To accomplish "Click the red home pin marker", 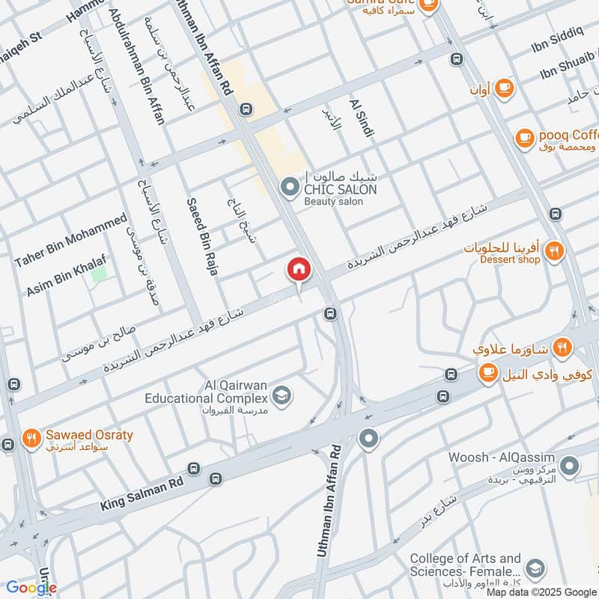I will coord(299,270).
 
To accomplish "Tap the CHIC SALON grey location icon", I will coord(289,186).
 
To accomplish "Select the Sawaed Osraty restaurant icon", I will coord(31,437).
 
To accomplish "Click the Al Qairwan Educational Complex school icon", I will coord(282,395).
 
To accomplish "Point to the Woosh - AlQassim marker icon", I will coord(569,466).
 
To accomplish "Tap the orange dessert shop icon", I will coord(553,252).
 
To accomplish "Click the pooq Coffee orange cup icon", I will coord(523,137).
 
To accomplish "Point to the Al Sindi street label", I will coord(361,117).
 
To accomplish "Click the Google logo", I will coord(31,588).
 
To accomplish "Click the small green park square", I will coord(98,274).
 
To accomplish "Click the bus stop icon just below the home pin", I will coord(329,314).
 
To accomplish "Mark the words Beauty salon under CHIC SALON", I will coord(333,201).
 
